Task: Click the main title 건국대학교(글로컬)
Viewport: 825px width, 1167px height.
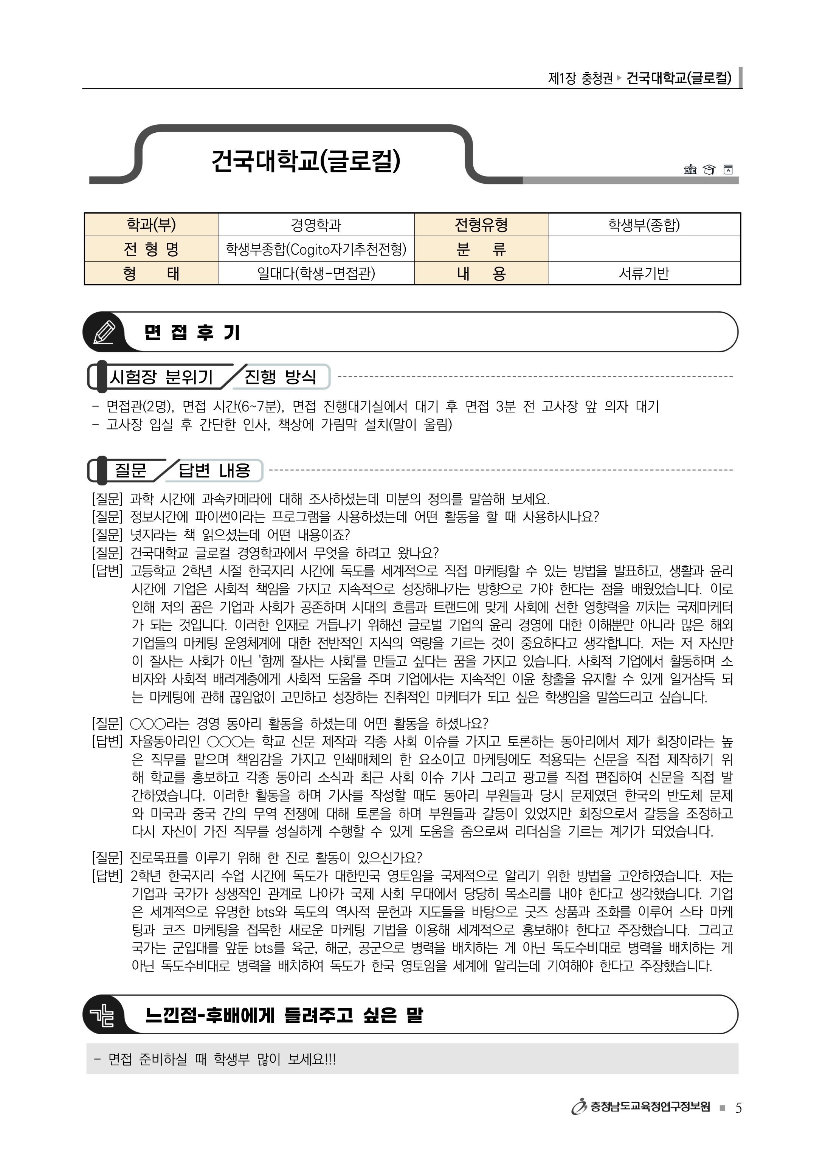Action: pyautogui.click(x=306, y=160)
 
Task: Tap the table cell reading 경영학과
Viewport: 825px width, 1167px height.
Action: pyautogui.click(x=316, y=225)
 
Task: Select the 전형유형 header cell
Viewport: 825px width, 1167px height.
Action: pyautogui.click(x=481, y=225)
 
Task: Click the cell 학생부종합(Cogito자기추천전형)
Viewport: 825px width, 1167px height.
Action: pyautogui.click(x=316, y=249)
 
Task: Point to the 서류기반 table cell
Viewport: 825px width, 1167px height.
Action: pyautogui.click(x=644, y=273)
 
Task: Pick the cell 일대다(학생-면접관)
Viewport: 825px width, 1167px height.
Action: pyautogui.click(x=316, y=273)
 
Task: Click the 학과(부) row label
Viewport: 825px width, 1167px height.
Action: pyautogui.click(x=151, y=225)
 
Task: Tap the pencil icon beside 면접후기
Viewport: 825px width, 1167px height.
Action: pyautogui.click(x=104, y=332)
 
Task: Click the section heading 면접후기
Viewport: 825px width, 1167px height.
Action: pyautogui.click(x=192, y=332)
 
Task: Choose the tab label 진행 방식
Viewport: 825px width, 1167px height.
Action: pyautogui.click(x=280, y=377)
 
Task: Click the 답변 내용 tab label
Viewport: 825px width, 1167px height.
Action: pyautogui.click(x=214, y=470)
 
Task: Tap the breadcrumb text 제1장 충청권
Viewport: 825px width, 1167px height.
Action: pyautogui.click(x=580, y=79)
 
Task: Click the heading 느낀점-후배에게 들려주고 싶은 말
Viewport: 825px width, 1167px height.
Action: pyautogui.click(x=284, y=1015)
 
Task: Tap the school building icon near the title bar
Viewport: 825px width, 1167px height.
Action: pyautogui.click(x=690, y=169)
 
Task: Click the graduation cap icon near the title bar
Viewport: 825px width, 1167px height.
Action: pyautogui.click(x=709, y=169)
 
